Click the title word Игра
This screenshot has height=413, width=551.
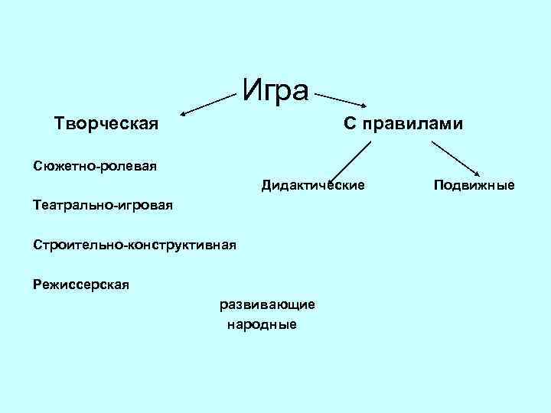(x=275, y=90)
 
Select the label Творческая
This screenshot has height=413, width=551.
(x=106, y=123)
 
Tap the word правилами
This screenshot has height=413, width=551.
(x=413, y=124)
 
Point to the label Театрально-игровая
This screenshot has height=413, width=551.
(x=103, y=205)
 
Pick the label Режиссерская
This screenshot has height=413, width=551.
(x=81, y=285)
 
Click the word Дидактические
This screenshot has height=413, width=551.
(x=313, y=185)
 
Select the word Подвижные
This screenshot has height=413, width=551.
(x=474, y=185)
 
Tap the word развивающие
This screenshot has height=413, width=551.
(x=266, y=304)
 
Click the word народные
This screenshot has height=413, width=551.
(x=262, y=325)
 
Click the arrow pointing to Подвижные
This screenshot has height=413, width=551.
(x=461, y=158)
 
